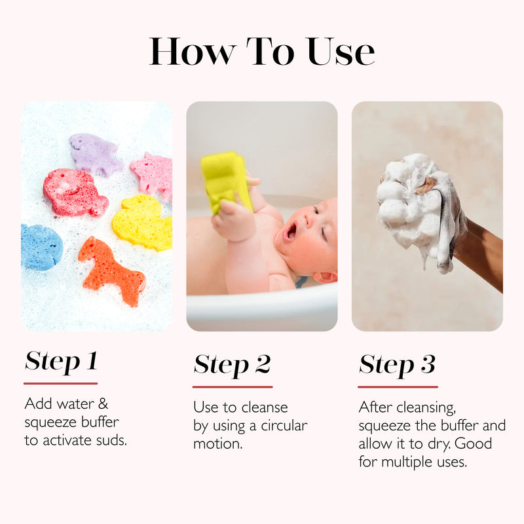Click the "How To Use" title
pyautogui.click(x=262, y=51)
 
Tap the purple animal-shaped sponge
pyautogui.click(x=94, y=153)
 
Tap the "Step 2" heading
pyautogui.click(x=232, y=365)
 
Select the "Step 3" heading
pyautogui.click(x=397, y=365)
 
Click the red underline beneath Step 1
pyautogui.click(x=61, y=383)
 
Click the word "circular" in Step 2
pyautogui.click(x=283, y=426)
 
